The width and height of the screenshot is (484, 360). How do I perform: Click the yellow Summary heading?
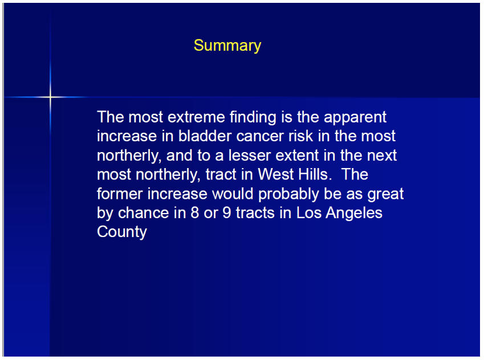[x=227, y=46]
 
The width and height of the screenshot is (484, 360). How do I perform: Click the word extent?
[x=297, y=156]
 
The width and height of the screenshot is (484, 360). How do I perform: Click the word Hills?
[x=315, y=174]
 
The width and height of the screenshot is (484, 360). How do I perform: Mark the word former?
[x=120, y=194]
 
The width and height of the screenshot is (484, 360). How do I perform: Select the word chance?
[x=144, y=213]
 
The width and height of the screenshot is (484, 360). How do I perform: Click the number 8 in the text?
[x=195, y=213]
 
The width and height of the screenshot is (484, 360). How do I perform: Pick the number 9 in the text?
[x=227, y=213]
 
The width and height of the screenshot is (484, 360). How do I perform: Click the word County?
[x=122, y=232]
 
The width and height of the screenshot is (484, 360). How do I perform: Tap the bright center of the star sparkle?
[x=50, y=97]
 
